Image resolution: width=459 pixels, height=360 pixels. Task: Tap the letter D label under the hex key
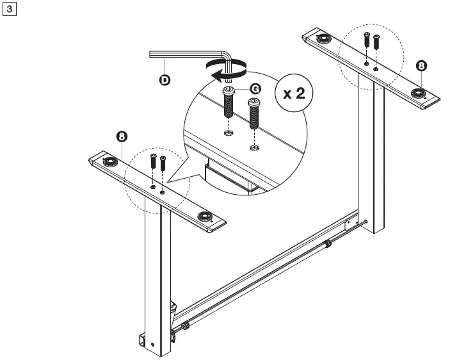coord(165,81)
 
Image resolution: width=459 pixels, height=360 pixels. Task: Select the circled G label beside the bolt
coord(255,88)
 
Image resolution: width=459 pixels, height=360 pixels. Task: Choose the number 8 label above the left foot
coord(122,136)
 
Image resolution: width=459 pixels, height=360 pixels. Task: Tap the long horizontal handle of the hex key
coord(186,54)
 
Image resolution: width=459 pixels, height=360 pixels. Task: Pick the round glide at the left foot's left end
coord(106,162)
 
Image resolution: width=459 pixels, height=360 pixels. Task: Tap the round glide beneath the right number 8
coord(419,94)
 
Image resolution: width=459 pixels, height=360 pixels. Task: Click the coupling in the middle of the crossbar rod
coord(329,243)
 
